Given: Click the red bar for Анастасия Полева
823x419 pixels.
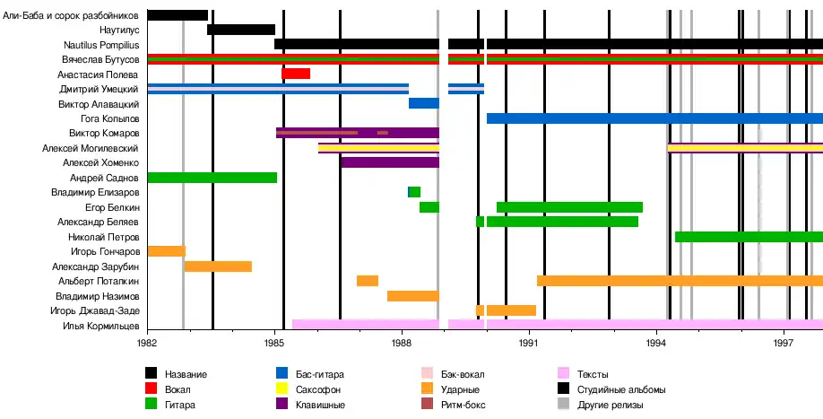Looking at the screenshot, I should [296, 74].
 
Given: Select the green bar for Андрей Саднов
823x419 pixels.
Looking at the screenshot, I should [212, 178].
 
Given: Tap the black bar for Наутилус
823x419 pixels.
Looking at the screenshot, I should [240, 30].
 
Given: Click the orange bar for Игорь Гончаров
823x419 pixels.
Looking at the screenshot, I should [166, 251].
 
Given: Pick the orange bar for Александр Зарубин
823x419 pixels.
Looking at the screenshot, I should [218, 266].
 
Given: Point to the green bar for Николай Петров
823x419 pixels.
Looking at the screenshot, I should [749, 237].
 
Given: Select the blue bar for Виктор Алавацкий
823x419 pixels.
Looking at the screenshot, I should [423, 103].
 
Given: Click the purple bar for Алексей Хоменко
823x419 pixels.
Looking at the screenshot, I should [390, 162].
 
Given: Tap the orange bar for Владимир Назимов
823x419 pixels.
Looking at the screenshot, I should [412, 296].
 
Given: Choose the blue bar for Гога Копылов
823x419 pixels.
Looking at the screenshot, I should [654, 118].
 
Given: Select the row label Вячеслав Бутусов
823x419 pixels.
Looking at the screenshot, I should [100, 59].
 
